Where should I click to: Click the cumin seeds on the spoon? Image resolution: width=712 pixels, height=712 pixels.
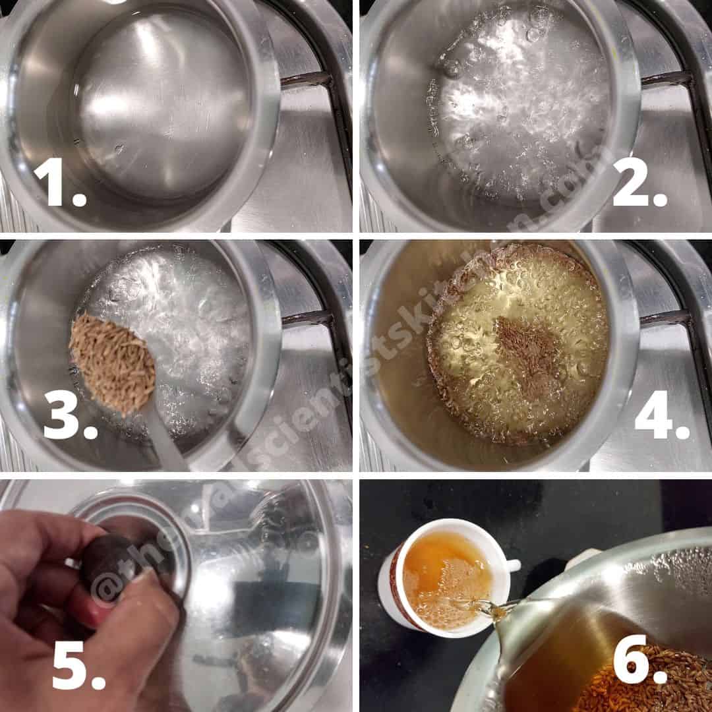(113, 362)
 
